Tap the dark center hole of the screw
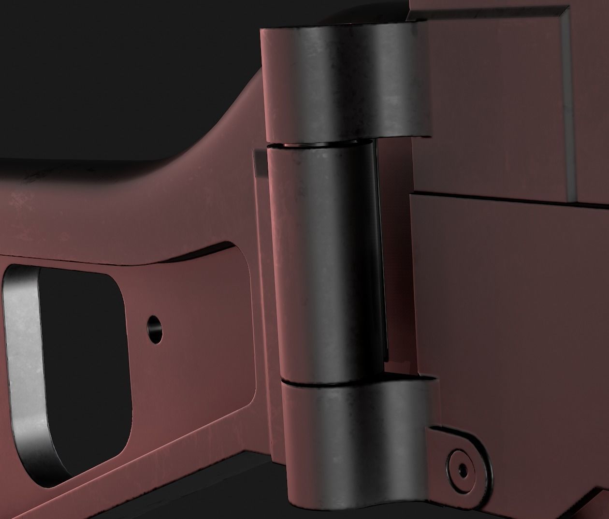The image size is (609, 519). pos(463,468)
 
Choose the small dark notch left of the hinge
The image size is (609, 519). pos(256,164)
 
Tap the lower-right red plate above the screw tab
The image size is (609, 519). pos(507,300)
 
